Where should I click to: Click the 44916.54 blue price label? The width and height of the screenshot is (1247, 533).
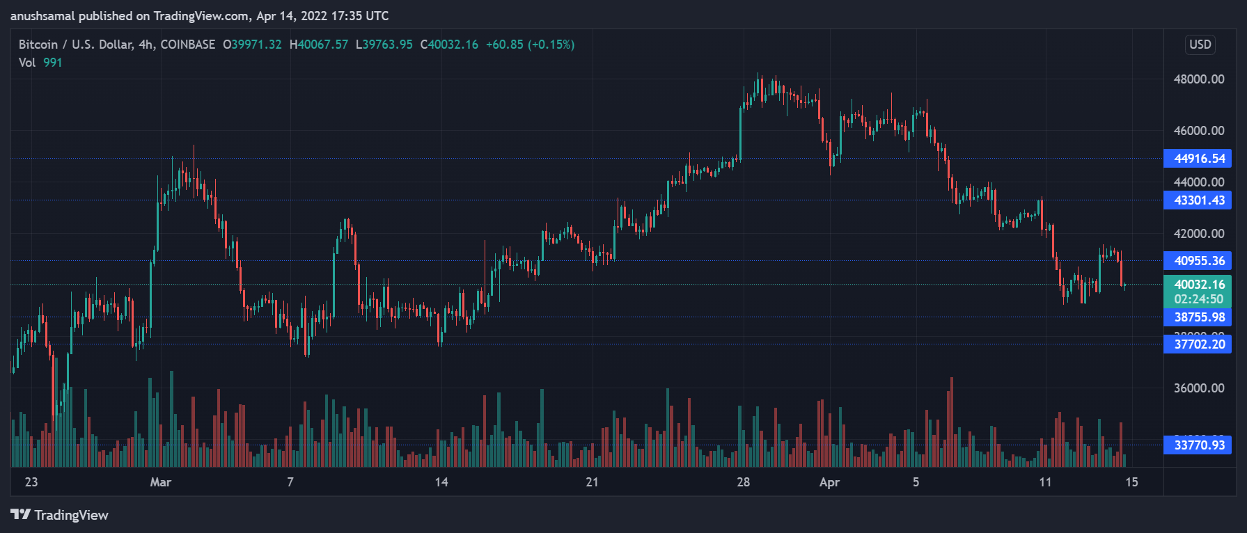(1198, 159)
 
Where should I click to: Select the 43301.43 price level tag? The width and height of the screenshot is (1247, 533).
(1198, 200)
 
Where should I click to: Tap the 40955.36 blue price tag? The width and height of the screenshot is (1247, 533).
(1198, 261)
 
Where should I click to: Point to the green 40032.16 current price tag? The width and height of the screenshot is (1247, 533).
(1198, 285)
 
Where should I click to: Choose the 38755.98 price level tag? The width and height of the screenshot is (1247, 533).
(1198, 317)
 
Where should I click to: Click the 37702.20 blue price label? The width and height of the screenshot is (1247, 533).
(1198, 344)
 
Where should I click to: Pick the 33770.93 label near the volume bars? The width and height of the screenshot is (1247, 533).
(1198, 445)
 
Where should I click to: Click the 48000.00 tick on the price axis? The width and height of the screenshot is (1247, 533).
(1198, 79)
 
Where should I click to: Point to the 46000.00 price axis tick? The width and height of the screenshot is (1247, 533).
(1198, 131)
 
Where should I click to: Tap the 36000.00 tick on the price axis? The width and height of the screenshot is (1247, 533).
(1198, 388)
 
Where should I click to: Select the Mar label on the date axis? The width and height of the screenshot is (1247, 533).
(160, 482)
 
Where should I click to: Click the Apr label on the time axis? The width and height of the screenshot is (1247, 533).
(829, 482)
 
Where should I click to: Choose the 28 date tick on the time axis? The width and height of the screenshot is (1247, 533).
(743, 482)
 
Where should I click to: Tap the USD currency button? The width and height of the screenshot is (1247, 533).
(1200, 45)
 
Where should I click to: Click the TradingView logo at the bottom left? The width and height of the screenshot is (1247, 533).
(60, 515)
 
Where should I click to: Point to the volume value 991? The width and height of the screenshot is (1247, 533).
(52, 63)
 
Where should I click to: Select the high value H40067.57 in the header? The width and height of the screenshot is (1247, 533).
(319, 45)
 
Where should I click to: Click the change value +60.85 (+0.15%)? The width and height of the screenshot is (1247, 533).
(530, 45)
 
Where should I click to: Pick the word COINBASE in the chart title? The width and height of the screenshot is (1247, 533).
(188, 45)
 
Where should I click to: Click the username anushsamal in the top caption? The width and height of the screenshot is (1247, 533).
(42, 16)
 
